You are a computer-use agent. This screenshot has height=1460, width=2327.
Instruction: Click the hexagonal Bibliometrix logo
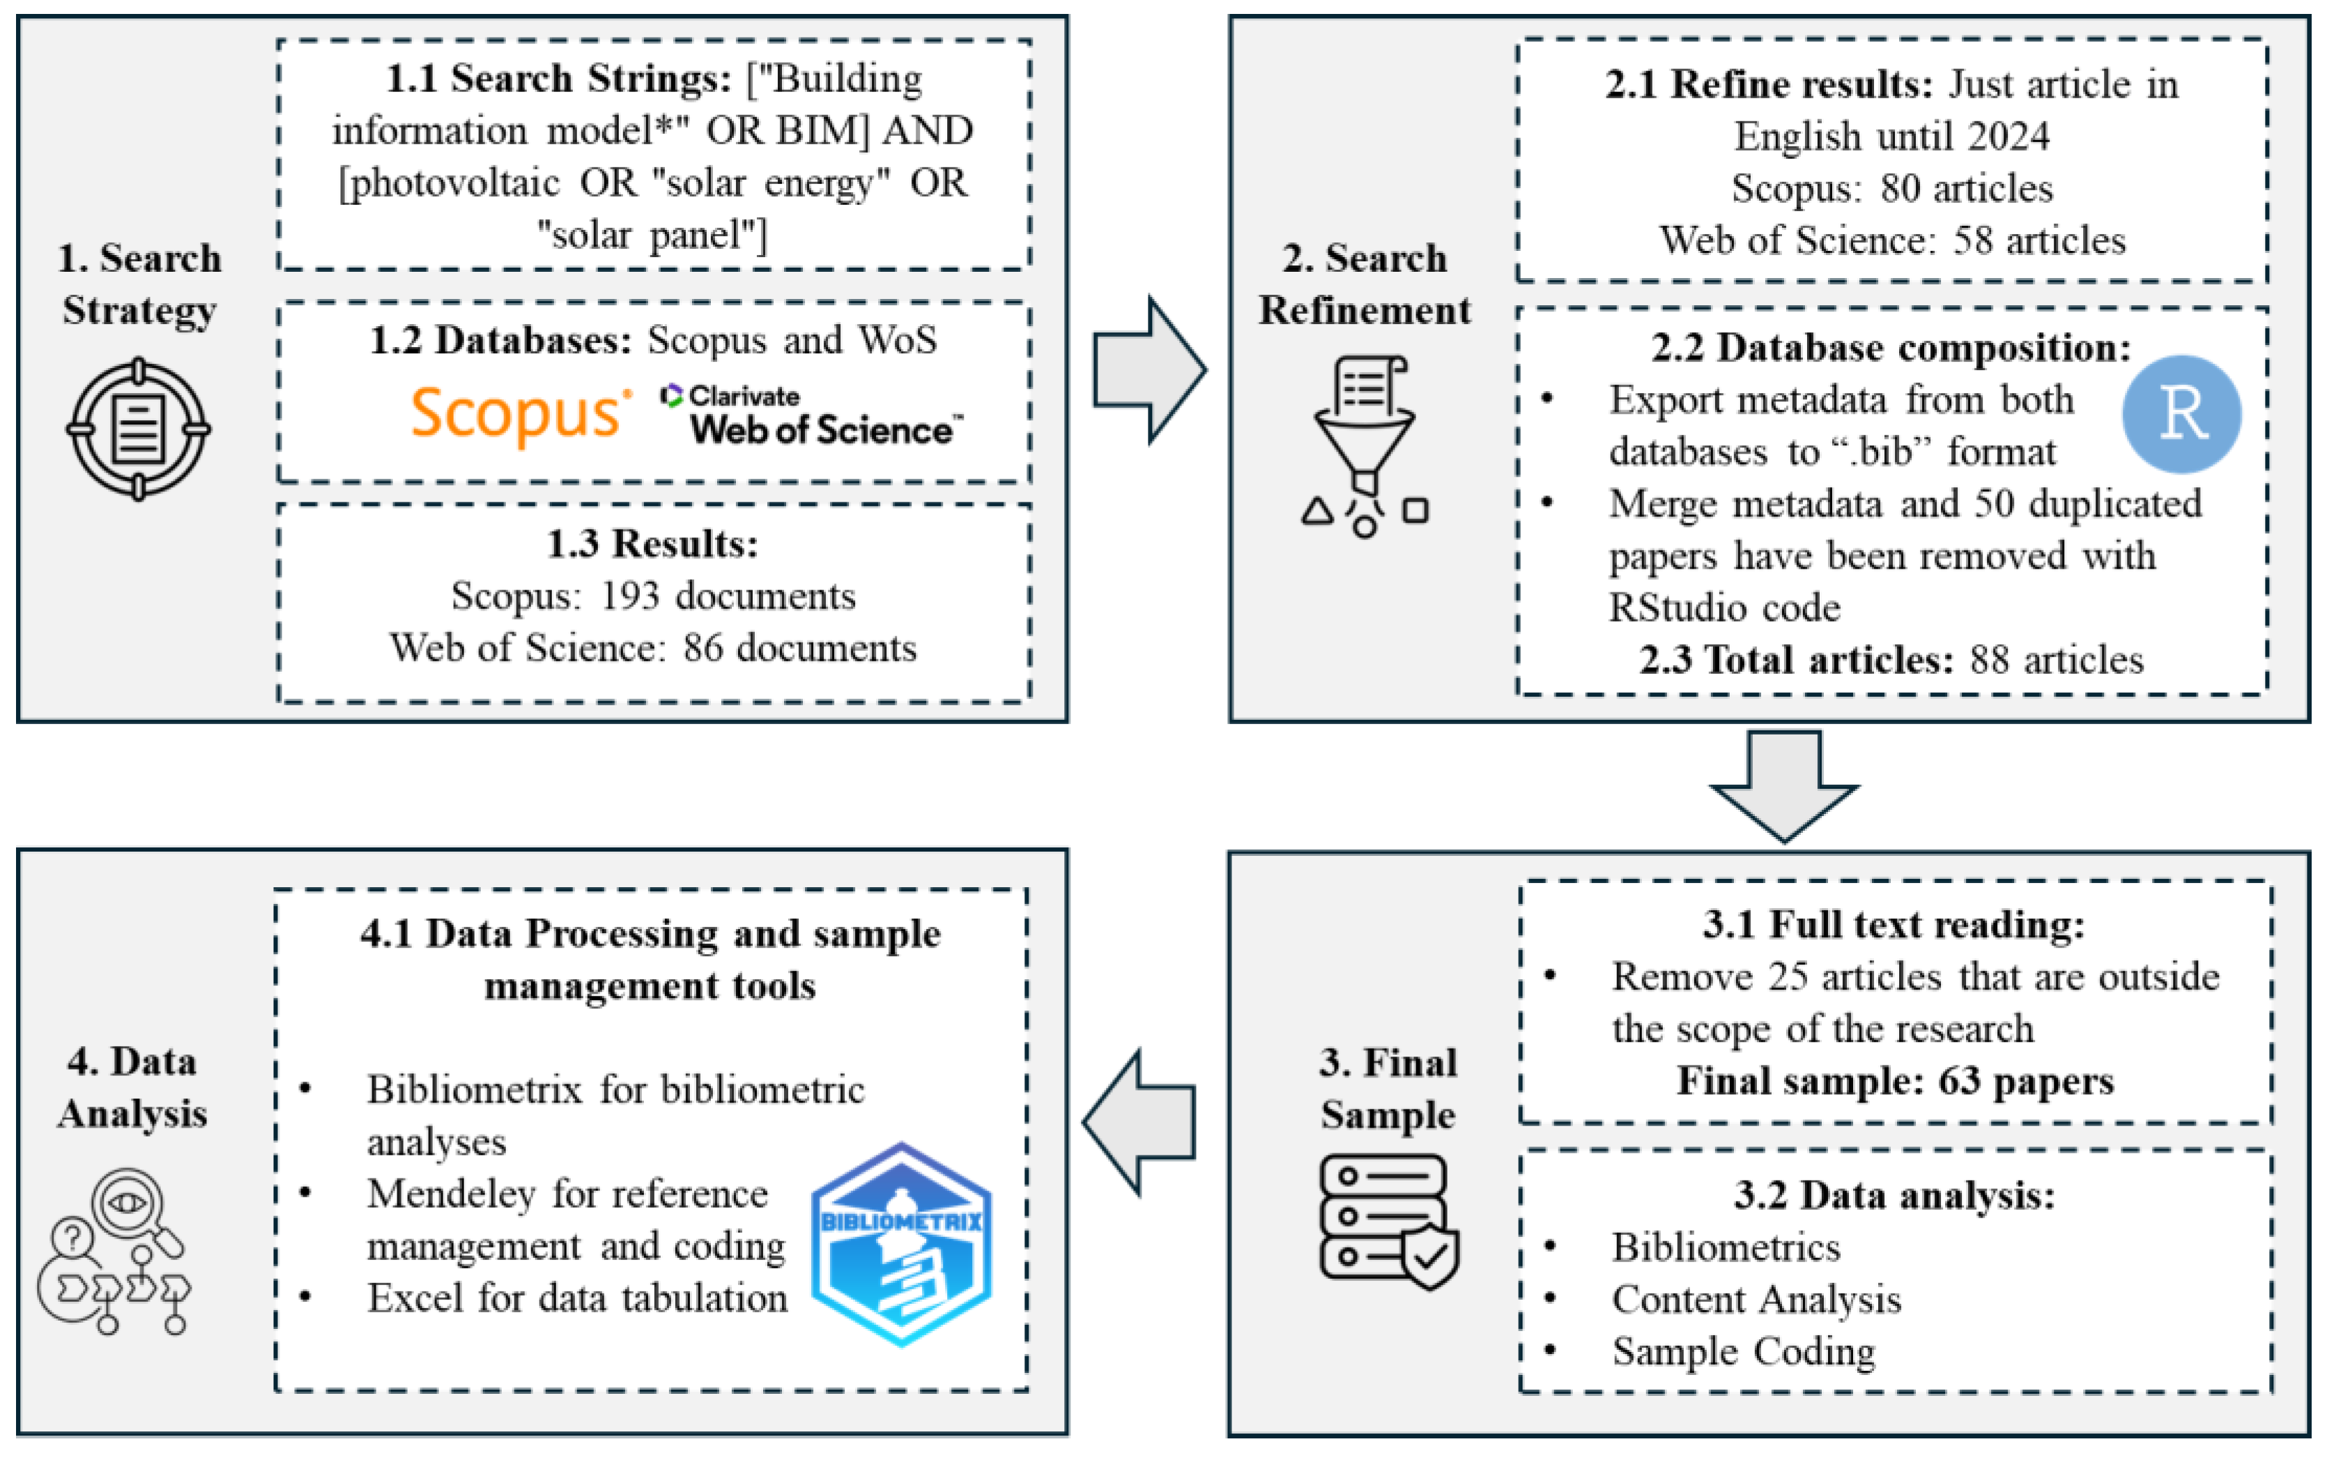901,1245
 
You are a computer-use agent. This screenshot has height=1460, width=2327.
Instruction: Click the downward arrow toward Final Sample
1783,784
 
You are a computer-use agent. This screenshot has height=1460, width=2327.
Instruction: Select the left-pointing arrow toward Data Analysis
1139,1122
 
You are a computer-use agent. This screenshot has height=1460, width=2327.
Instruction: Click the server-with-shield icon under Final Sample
1388,1222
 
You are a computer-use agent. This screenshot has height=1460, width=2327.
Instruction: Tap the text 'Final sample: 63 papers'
1894,1080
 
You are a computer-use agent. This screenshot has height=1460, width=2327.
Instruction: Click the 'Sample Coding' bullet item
1743,1352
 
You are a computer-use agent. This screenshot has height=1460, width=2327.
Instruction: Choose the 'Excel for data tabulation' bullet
576,1298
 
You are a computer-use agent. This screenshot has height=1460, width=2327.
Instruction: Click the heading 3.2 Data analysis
1894,1195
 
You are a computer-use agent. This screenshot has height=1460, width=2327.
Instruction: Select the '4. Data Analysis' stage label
132,1087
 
